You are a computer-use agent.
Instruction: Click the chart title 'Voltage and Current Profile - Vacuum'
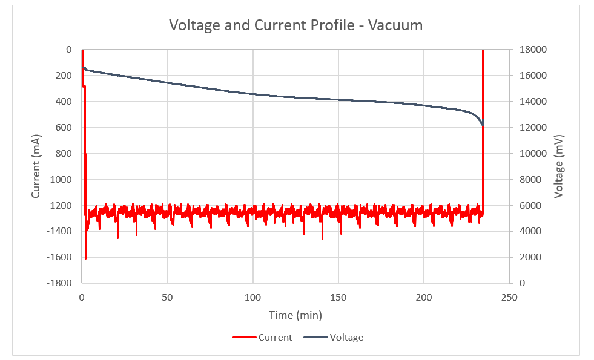click(x=295, y=25)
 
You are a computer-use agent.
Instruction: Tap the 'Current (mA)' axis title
click(x=36, y=166)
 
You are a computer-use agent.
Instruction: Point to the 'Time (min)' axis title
click(x=296, y=315)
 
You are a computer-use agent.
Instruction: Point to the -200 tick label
click(x=61, y=76)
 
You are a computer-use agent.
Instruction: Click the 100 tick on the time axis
click(x=253, y=298)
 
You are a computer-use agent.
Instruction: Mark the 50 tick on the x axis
click(x=168, y=298)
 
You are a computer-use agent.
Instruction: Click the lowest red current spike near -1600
click(x=85, y=258)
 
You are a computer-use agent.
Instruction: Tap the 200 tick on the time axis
click(x=424, y=298)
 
